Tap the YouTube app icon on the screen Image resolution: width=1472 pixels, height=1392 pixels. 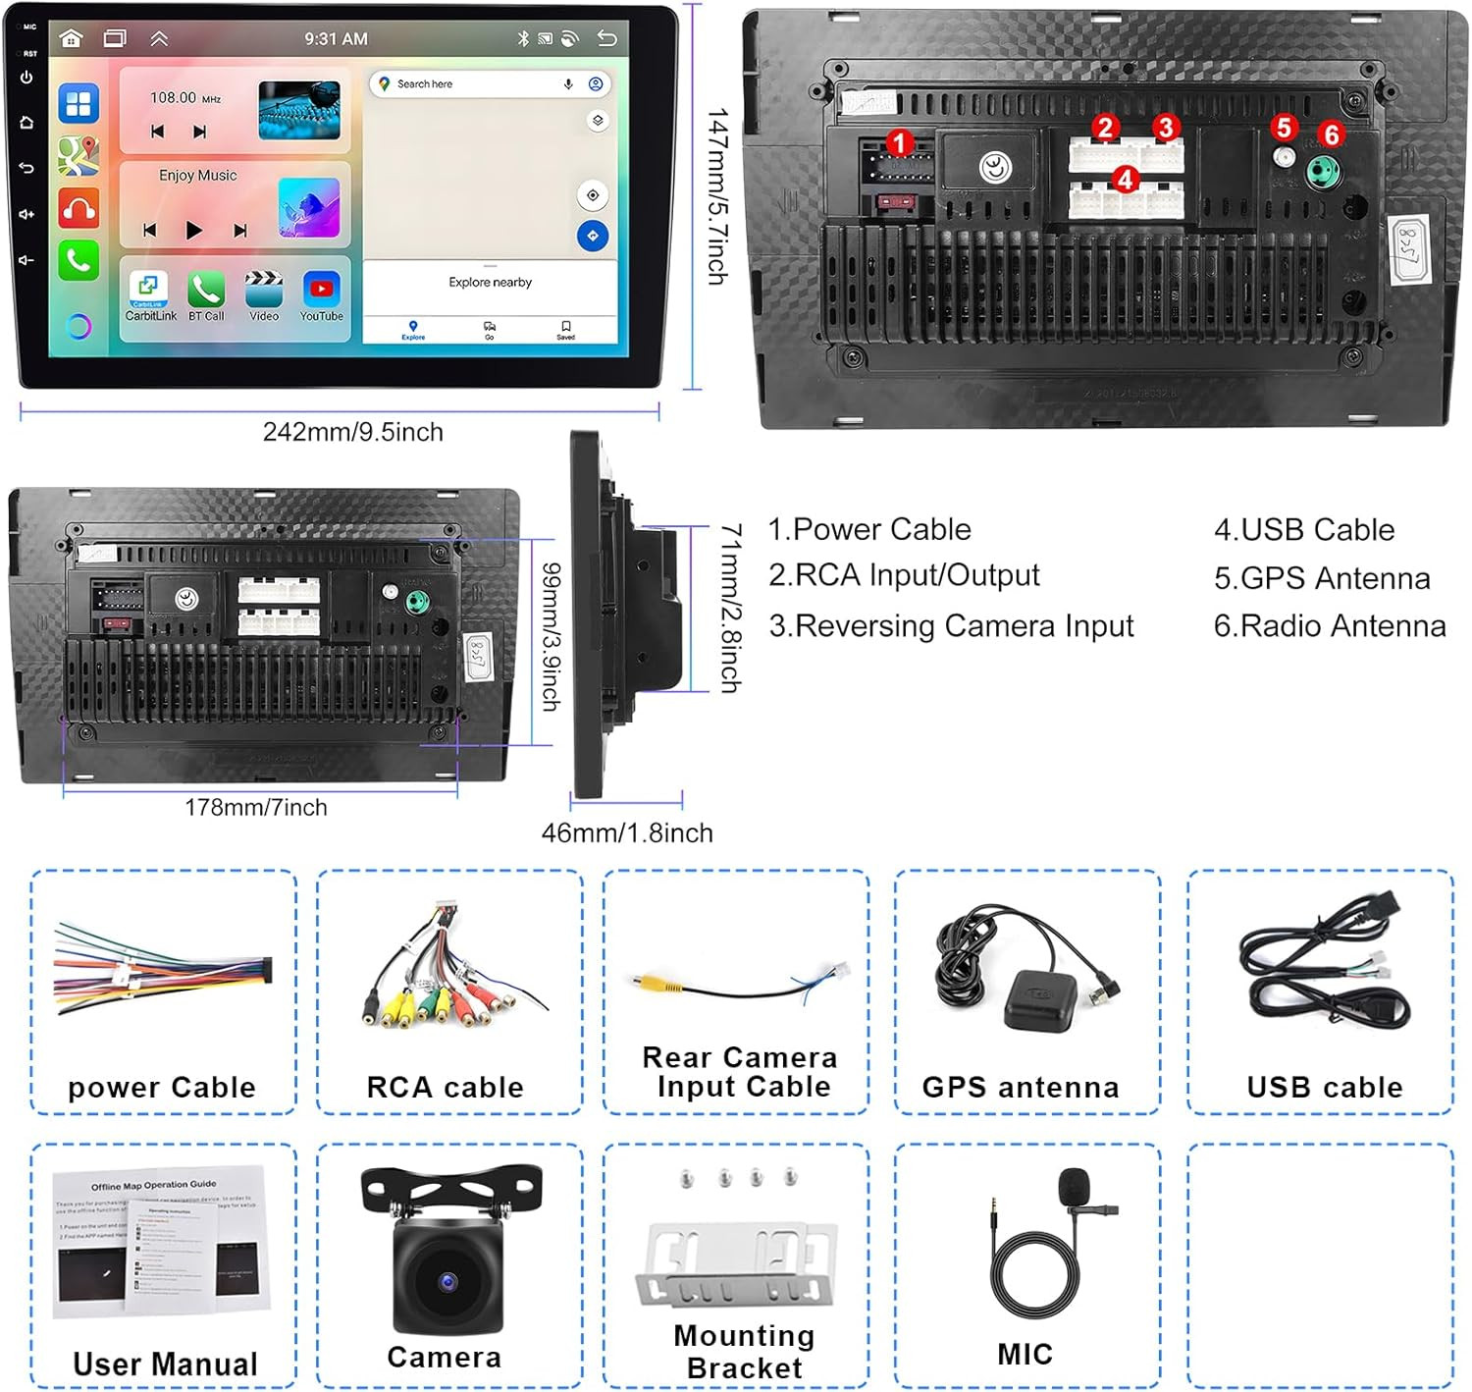coord(321,289)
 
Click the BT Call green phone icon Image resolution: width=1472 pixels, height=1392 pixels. coord(206,290)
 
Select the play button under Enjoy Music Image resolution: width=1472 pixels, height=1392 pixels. coord(193,231)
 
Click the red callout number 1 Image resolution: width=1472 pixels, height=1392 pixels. coord(898,143)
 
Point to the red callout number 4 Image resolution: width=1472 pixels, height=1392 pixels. coord(1125,180)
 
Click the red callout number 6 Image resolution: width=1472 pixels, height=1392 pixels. coord(1331,134)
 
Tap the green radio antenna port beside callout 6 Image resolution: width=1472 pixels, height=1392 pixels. coord(1324,172)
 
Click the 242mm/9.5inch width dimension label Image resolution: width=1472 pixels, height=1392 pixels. coord(352,432)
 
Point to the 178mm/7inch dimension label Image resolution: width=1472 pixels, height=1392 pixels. coord(256,807)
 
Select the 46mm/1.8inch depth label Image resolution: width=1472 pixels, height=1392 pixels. coord(627,832)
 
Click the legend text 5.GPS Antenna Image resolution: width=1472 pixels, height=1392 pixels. coord(1321,578)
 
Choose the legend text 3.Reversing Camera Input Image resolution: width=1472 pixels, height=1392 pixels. coord(950,625)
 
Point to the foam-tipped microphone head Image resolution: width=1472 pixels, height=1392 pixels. coord(1075,1185)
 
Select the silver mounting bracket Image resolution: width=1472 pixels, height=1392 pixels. coord(736,1265)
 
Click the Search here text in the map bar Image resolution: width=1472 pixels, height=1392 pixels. coord(425,84)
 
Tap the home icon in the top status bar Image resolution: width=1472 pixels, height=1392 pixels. coord(71,38)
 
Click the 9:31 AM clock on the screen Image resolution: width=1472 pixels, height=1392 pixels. coord(336,39)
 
